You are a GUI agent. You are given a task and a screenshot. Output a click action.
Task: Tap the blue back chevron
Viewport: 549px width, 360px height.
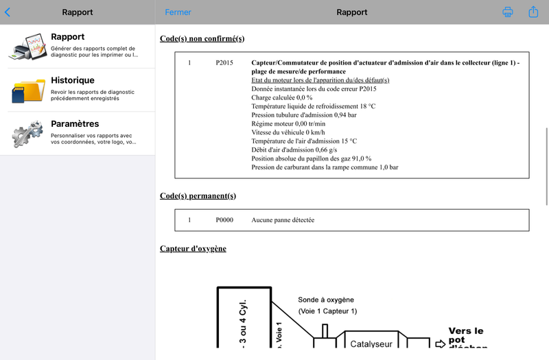coord(8,12)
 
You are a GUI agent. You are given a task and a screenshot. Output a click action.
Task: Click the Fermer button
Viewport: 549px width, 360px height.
coord(178,12)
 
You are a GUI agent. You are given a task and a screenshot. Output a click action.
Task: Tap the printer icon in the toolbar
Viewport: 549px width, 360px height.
coord(508,12)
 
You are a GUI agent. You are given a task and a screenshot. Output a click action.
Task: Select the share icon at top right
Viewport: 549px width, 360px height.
coord(533,12)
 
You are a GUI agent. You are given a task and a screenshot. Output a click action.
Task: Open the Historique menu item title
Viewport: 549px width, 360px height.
coord(73,80)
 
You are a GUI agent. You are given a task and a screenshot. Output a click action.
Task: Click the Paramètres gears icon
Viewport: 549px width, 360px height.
coord(27,134)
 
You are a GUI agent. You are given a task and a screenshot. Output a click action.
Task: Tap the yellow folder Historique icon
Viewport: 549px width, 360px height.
coord(27,91)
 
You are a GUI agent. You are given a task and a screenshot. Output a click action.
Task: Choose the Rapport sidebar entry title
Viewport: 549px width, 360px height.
coord(68,37)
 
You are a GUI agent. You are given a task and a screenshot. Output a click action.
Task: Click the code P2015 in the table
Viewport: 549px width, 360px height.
coord(224,63)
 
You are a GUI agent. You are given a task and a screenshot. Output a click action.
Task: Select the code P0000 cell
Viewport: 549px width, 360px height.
coord(224,220)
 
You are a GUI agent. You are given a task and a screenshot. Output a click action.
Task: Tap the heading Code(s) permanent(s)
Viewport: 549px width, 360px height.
coord(198,195)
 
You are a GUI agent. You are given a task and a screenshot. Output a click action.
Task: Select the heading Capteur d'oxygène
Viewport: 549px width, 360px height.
coord(193,248)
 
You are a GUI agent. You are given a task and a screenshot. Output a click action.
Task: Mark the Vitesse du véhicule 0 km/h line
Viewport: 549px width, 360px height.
coord(288,132)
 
